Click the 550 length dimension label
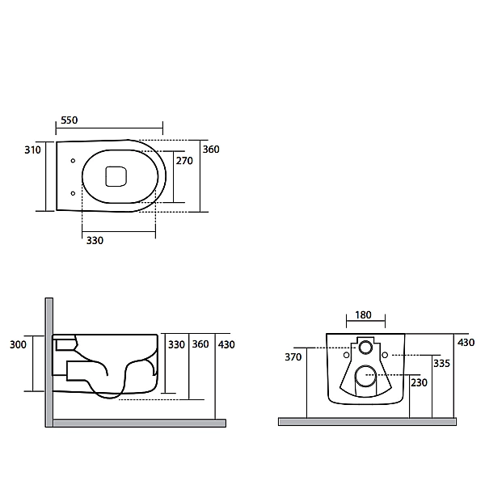click(x=69, y=120)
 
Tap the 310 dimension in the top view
click(x=32, y=150)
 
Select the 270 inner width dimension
click(x=184, y=161)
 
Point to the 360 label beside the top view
click(x=211, y=150)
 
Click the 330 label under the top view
click(x=95, y=240)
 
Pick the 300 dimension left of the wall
click(x=18, y=344)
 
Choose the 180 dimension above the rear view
click(x=363, y=315)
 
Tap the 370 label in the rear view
click(x=293, y=357)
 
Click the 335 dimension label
click(x=441, y=364)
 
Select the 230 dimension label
click(x=419, y=383)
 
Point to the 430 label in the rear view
click(x=466, y=343)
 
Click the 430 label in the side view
click(x=226, y=344)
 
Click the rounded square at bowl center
click(x=116, y=176)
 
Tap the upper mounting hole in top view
click(x=73, y=161)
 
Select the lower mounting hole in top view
click(x=73, y=193)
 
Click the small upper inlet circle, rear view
click(x=365, y=348)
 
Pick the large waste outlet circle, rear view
click(x=365, y=376)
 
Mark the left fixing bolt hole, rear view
click(x=347, y=355)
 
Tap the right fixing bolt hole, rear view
click(x=385, y=355)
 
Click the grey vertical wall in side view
click(x=49, y=362)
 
